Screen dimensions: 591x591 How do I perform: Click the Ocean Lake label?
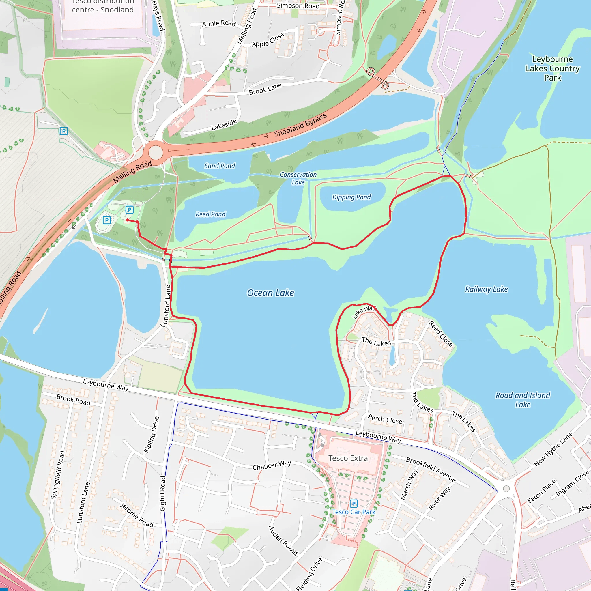[x=270, y=293]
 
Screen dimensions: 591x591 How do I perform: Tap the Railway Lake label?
[x=486, y=289]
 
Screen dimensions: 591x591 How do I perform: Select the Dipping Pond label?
[x=351, y=197]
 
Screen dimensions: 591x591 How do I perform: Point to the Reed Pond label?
[x=210, y=214]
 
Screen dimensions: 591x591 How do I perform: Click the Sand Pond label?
[x=220, y=166]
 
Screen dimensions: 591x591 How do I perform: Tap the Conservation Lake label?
[x=298, y=178]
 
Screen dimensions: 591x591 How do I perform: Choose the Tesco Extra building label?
[x=348, y=458]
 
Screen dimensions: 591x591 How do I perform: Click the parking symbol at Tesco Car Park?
[x=354, y=503]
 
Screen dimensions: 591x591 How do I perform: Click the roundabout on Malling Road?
[x=156, y=152]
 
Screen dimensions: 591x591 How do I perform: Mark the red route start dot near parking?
[x=128, y=220]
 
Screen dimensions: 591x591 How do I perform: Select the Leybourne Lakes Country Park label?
[x=552, y=68]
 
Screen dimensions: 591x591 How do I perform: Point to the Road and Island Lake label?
[x=523, y=400]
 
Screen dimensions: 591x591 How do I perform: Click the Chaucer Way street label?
[x=272, y=465]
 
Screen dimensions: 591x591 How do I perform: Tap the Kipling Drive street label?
[x=152, y=434]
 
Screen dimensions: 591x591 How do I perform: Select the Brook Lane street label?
[x=265, y=89]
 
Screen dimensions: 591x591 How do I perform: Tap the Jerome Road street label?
[x=136, y=515]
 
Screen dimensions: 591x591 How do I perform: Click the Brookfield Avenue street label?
[x=431, y=470]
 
